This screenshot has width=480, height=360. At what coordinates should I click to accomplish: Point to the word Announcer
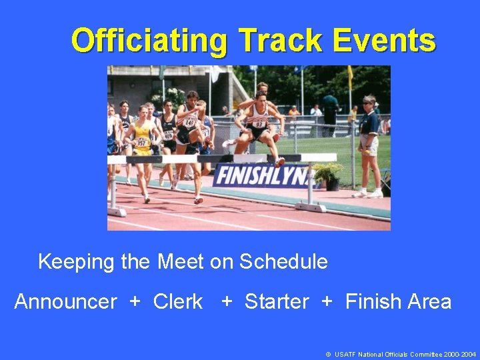click(65, 302)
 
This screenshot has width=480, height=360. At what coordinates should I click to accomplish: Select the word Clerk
click(178, 302)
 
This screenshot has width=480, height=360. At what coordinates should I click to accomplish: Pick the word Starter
click(277, 302)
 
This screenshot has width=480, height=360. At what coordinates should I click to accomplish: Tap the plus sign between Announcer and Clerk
click(135, 302)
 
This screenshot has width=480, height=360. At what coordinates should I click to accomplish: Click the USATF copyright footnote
click(401, 355)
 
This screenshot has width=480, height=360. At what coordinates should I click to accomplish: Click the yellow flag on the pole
click(349, 77)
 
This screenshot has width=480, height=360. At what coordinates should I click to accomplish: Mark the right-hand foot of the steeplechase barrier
click(311, 207)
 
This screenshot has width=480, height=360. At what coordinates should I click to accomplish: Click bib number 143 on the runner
click(189, 123)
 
